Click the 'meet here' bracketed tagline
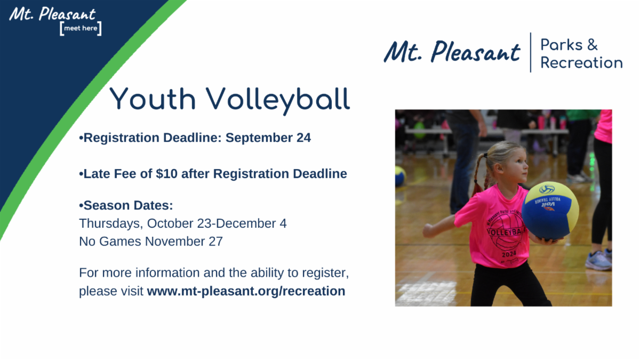(81, 28)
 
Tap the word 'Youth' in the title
(153, 99)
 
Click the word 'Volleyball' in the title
(278, 101)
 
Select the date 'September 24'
(268, 138)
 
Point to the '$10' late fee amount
(166, 174)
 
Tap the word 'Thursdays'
(111, 223)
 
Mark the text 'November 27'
(183, 242)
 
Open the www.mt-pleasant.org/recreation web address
(246, 291)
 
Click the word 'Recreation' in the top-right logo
(581, 62)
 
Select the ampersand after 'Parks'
(593, 45)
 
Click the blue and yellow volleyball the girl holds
(550, 210)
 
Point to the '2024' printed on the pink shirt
(509, 254)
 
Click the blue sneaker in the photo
(599, 260)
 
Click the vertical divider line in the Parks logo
(531, 53)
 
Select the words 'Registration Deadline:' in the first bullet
(153, 138)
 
